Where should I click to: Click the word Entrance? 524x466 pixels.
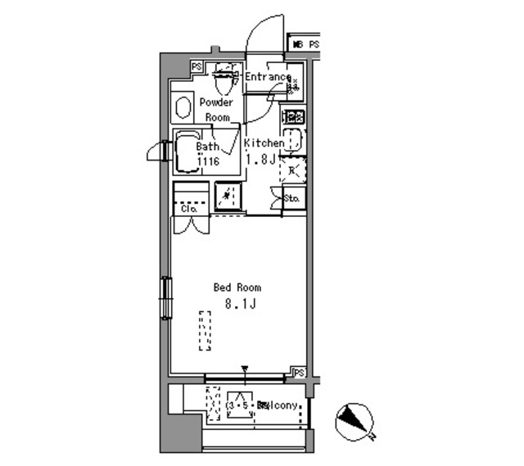(267, 78)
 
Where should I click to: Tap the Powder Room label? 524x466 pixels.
(216, 110)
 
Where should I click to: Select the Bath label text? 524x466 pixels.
(207, 147)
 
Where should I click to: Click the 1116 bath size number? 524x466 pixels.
(207, 161)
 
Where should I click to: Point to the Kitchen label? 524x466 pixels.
(264, 143)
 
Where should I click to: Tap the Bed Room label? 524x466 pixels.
(237, 287)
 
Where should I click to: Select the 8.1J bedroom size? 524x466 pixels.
(241, 305)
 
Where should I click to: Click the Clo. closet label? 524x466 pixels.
(189, 210)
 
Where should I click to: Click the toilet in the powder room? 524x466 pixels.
(222, 79)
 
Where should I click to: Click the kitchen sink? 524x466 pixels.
(293, 141)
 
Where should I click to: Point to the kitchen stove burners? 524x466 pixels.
(293, 116)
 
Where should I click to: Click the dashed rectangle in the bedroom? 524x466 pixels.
(205, 331)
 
